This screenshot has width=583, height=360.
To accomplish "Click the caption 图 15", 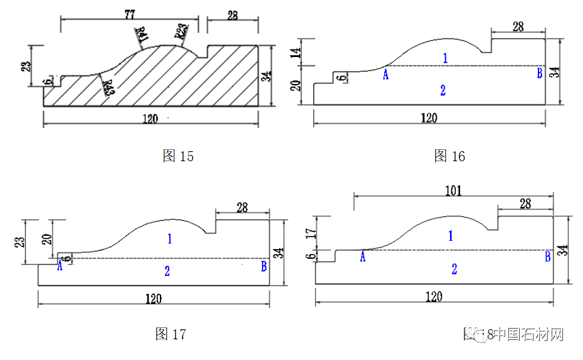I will [178, 157].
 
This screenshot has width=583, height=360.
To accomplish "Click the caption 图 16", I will [449, 156].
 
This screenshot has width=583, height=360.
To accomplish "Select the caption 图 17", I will [171, 334].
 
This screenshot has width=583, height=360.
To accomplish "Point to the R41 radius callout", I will [141, 36].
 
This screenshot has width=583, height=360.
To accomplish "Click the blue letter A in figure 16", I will [386, 75].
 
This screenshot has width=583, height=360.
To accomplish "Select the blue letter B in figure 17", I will [264, 267].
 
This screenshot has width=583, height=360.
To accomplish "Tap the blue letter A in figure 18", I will [362, 257].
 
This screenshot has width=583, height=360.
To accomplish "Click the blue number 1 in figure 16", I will [444, 58].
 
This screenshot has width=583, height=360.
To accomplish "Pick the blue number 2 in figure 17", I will [167, 271].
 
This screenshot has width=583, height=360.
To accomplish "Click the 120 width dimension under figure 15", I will [150, 119].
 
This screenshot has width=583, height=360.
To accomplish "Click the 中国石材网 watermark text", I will [527, 334].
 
